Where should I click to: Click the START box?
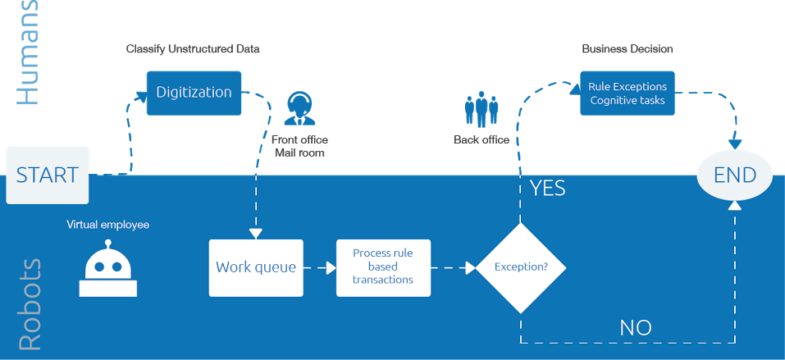(x=47, y=175)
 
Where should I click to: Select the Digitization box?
(x=194, y=92)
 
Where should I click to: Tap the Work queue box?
(x=256, y=267)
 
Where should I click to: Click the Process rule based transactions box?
(x=382, y=267)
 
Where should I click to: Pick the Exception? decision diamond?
(x=521, y=267)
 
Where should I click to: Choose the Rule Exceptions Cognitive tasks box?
(x=627, y=93)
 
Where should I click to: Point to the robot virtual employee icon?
(x=108, y=270)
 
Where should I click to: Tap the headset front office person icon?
(x=299, y=109)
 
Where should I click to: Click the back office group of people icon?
(x=481, y=110)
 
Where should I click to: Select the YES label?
(x=547, y=188)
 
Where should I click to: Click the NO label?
(x=635, y=328)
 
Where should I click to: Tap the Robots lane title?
(x=29, y=305)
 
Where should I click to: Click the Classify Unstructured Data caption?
(x=192, y=49)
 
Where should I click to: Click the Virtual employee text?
(x=108, y=224)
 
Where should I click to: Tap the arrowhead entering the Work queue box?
(x=255, y=234)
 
